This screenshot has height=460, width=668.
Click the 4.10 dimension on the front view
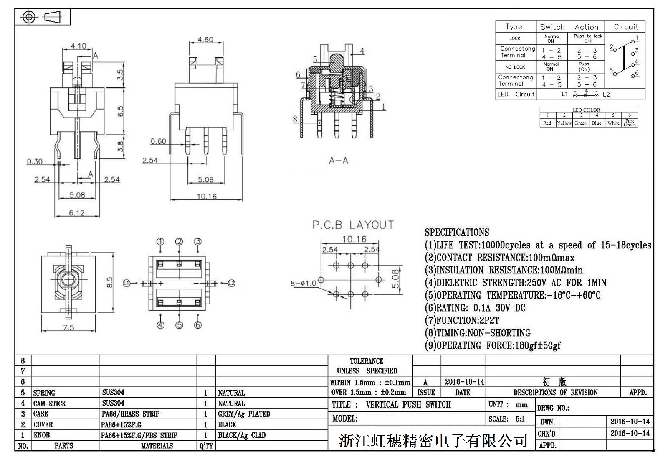coord(78,46)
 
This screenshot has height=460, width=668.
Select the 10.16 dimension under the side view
coord(207,196)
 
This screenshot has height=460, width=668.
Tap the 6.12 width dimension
coord(77,213)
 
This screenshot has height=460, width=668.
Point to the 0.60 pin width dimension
coord(158,141)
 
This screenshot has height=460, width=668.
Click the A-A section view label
coord(338,161)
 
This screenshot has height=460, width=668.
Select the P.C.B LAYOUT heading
coord(353,225)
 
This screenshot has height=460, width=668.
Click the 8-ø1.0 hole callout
coord(304,284)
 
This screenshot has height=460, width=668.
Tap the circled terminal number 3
coord(198,242)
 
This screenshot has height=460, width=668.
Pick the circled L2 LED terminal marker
coord(232,284)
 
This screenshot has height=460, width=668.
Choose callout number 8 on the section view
coord(295,119)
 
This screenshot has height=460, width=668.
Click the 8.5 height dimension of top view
coord(110,282)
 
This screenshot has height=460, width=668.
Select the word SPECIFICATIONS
coord(457,233)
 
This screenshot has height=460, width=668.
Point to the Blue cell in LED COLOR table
coord(597,123)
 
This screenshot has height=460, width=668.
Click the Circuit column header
coord(625,27)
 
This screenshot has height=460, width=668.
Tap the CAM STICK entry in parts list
coord(50,404)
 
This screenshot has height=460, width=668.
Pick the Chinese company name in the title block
coord(433,440)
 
